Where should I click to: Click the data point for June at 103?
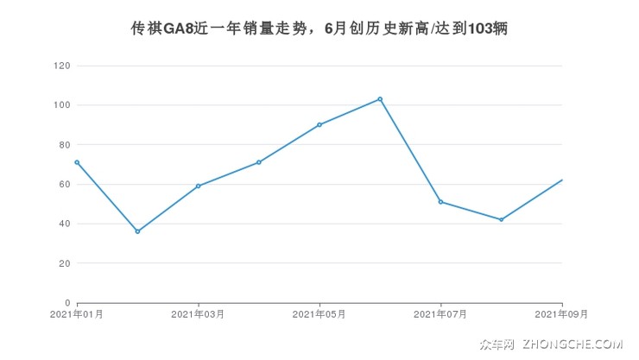pyautogui.click(x=380, y=99)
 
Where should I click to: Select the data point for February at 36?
pyautogui.click(x=137, y=231)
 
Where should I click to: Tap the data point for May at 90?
pyautogui.click(x=319, y=124)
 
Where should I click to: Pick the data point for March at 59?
pyautogui.click(x=198, y=186)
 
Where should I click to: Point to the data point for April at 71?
pyautogui.click(x=259, y=162)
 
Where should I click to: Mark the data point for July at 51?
pyautogui.click(x=440, y=202)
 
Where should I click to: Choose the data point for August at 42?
pyautogui.click(x=501, y=219)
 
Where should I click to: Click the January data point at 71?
pyautogui.click(x=77, y=162)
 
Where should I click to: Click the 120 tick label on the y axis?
pyautogui.click(x=61, y=66)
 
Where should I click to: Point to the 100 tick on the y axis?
pyautogui.click(x=61, y=105)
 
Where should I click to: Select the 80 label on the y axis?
pyautogui.click(x=64, y=145)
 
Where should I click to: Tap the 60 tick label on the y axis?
pyautogui.click(x=64, y=184)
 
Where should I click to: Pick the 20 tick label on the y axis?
pyautogui.click(x=64, y=263)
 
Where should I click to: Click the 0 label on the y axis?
pyautogui.click(x=67, y=303)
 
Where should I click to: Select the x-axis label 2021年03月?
pyautogui.click(x=198, y=315)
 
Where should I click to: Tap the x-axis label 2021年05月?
pyautogui.click(x=319, y=315)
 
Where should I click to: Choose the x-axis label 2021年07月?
pyautogui.click(x=440, y=315)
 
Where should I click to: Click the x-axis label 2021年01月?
pyautogui.click(x=77, y=315)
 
